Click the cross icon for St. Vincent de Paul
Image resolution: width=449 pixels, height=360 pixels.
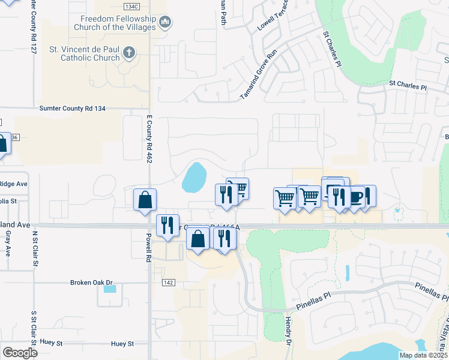pos(128,53)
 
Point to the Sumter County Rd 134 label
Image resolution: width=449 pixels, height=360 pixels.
pos(72,109)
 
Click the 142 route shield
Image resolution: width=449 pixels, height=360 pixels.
pos(168,281)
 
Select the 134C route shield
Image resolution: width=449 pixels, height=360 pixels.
pos(131,6)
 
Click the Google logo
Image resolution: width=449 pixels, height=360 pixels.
pos(20,352)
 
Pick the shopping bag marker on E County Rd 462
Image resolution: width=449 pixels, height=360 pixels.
pos(145,200)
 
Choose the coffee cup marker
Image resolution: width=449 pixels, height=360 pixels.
pos(357,196)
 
